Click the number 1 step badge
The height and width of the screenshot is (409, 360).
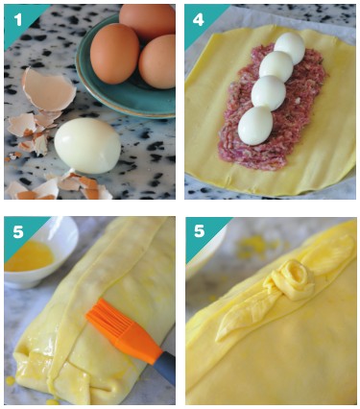click(18, 19)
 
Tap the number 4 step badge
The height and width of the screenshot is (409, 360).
click(198, 20)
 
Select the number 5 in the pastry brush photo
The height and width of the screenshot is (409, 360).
click(18, 231)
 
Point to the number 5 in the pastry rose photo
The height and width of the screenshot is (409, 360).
click(199, 231)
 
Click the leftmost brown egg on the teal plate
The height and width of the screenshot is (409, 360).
click(114, 53)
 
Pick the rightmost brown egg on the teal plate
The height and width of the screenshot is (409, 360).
click(157, 61)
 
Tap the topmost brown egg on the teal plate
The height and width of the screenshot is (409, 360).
click(148, 19)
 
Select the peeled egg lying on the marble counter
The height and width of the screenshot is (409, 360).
click(87, 146)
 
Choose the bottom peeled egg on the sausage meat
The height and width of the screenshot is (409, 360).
click(255, 126)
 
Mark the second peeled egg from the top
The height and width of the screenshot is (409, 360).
click(276, 66)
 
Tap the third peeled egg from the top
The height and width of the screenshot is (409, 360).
click(268, 93)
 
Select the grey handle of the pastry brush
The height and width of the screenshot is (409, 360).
click(164, 368)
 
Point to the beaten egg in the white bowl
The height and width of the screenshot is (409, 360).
click(30, 256)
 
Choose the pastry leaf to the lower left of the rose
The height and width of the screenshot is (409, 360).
click(244, 315)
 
